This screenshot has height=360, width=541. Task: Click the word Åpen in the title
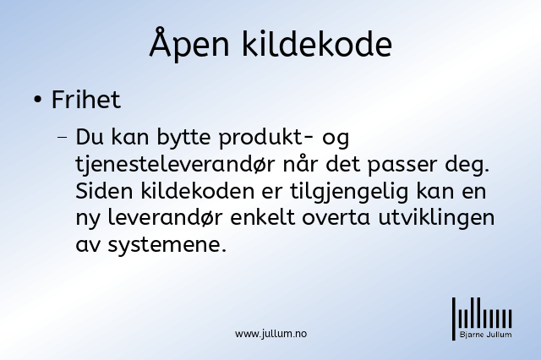[x=189, y=44]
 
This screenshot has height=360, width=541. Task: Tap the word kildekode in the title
[x=317, y=44]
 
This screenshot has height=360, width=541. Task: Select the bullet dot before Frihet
[x=38, y=100]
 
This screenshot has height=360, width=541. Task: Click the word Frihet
[x=86, y=100]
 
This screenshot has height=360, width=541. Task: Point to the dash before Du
[x=63, y=137]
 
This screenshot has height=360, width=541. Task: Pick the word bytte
[x=183, y=137]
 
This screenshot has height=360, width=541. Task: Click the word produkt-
[x=266, y=137]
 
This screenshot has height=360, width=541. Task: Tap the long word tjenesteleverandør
[x=175, y=164]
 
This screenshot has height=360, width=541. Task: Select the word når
[x=300, y=164]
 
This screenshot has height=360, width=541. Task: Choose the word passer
[x=402, y=166]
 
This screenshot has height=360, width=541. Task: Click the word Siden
[x=104, y=191]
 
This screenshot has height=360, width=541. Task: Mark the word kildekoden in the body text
[x=197, y=191]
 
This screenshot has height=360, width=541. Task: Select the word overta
[x=336, y=219]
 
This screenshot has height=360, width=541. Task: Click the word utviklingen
[x=436, y=219]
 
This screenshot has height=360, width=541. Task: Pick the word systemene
[x=167, y=246]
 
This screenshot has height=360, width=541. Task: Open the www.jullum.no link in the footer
[x=270, y=334]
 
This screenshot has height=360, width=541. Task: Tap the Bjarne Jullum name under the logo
[x=485, y=335]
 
